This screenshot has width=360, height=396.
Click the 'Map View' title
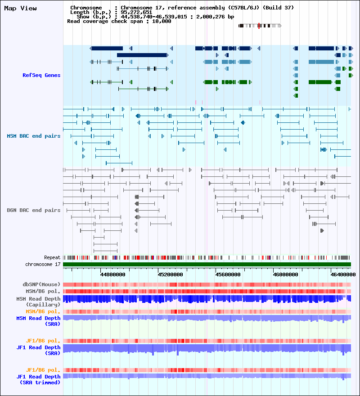click(x=20, y=9)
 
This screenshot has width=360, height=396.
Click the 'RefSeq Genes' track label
click(x=41, y=75)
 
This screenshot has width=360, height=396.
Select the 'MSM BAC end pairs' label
click(x=34, y=136)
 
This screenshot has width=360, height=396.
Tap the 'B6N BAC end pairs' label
click(x=34, y=211)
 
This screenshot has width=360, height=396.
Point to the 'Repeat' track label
click(x=52, y=257)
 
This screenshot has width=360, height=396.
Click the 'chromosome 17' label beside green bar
click(x=43, y=265)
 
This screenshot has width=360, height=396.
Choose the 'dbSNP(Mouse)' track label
click(x=41, y=284)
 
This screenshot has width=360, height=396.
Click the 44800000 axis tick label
click(x=112, y=274)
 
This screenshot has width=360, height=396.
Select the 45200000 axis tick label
click(x=170, y=274)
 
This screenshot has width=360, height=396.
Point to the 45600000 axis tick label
click(x=228, y=274)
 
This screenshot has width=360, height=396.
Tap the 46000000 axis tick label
click(x=285, y=274)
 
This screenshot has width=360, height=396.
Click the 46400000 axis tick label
click(x=343, y=274)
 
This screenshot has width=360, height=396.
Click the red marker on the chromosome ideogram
click(x=259, y=26)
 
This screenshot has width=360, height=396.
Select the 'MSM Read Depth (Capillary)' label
click(x=38, y=302)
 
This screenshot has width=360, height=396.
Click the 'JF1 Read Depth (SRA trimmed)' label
click(x=38, y=380)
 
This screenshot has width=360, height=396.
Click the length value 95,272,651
click(x=136, y=12)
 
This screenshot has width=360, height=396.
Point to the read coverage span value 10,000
click(x=162, y=22)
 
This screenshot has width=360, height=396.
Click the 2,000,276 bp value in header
click(x=215, y=17)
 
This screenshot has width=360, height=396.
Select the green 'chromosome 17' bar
click(x=207, y=265)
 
